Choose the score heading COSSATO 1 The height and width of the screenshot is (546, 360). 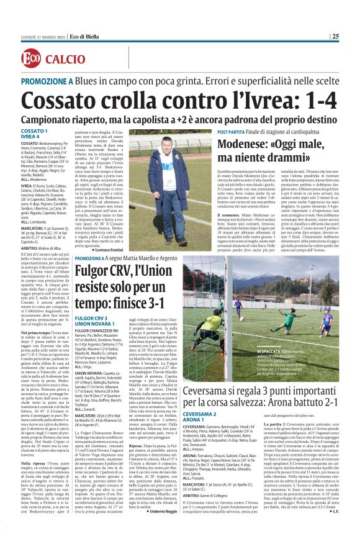[x=34, y=132]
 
